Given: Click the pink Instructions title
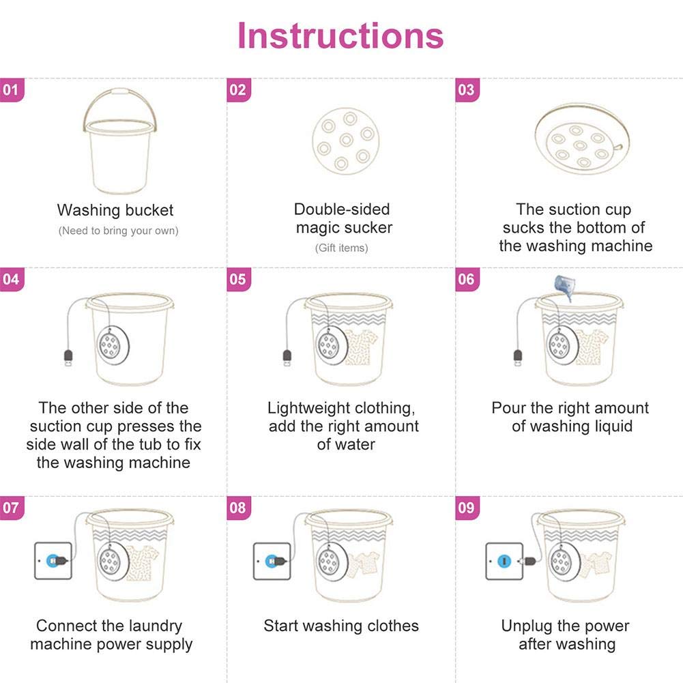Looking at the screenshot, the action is coord(340,35).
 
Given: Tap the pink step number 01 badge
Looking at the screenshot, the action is coord(12,90).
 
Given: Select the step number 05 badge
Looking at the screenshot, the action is coord(239,279).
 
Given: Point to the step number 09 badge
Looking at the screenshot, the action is coord(467,508).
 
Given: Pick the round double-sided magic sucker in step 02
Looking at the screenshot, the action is coord(346,141).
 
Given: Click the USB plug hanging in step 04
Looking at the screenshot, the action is coord(68,358).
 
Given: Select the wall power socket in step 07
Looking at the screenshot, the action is coord(53,561).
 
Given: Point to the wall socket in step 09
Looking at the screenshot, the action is coord(504,561).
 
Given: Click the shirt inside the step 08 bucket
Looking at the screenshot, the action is coord(364,564).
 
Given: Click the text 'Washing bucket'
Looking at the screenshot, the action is coord(115,210).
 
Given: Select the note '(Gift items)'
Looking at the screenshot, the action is coord(341,248).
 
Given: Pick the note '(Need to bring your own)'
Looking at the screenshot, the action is coord(119,231).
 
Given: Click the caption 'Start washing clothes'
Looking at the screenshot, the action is coord(341,626).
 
